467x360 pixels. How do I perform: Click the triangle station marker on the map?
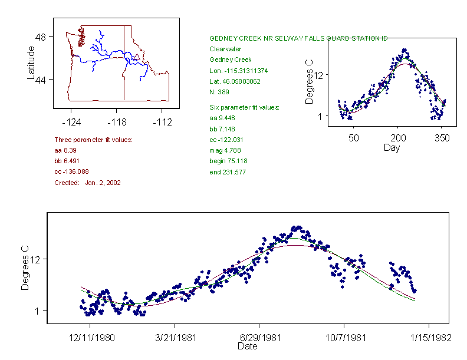point(137,57)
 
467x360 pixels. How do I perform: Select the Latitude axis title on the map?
point(31,62)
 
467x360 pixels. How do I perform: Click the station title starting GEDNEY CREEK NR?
point(298,38)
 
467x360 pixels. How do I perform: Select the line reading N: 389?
point(219,92)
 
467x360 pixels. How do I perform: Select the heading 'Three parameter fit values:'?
point(93,140)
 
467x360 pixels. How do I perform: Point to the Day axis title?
point(392,147)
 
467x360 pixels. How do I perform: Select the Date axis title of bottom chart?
point(248,347)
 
